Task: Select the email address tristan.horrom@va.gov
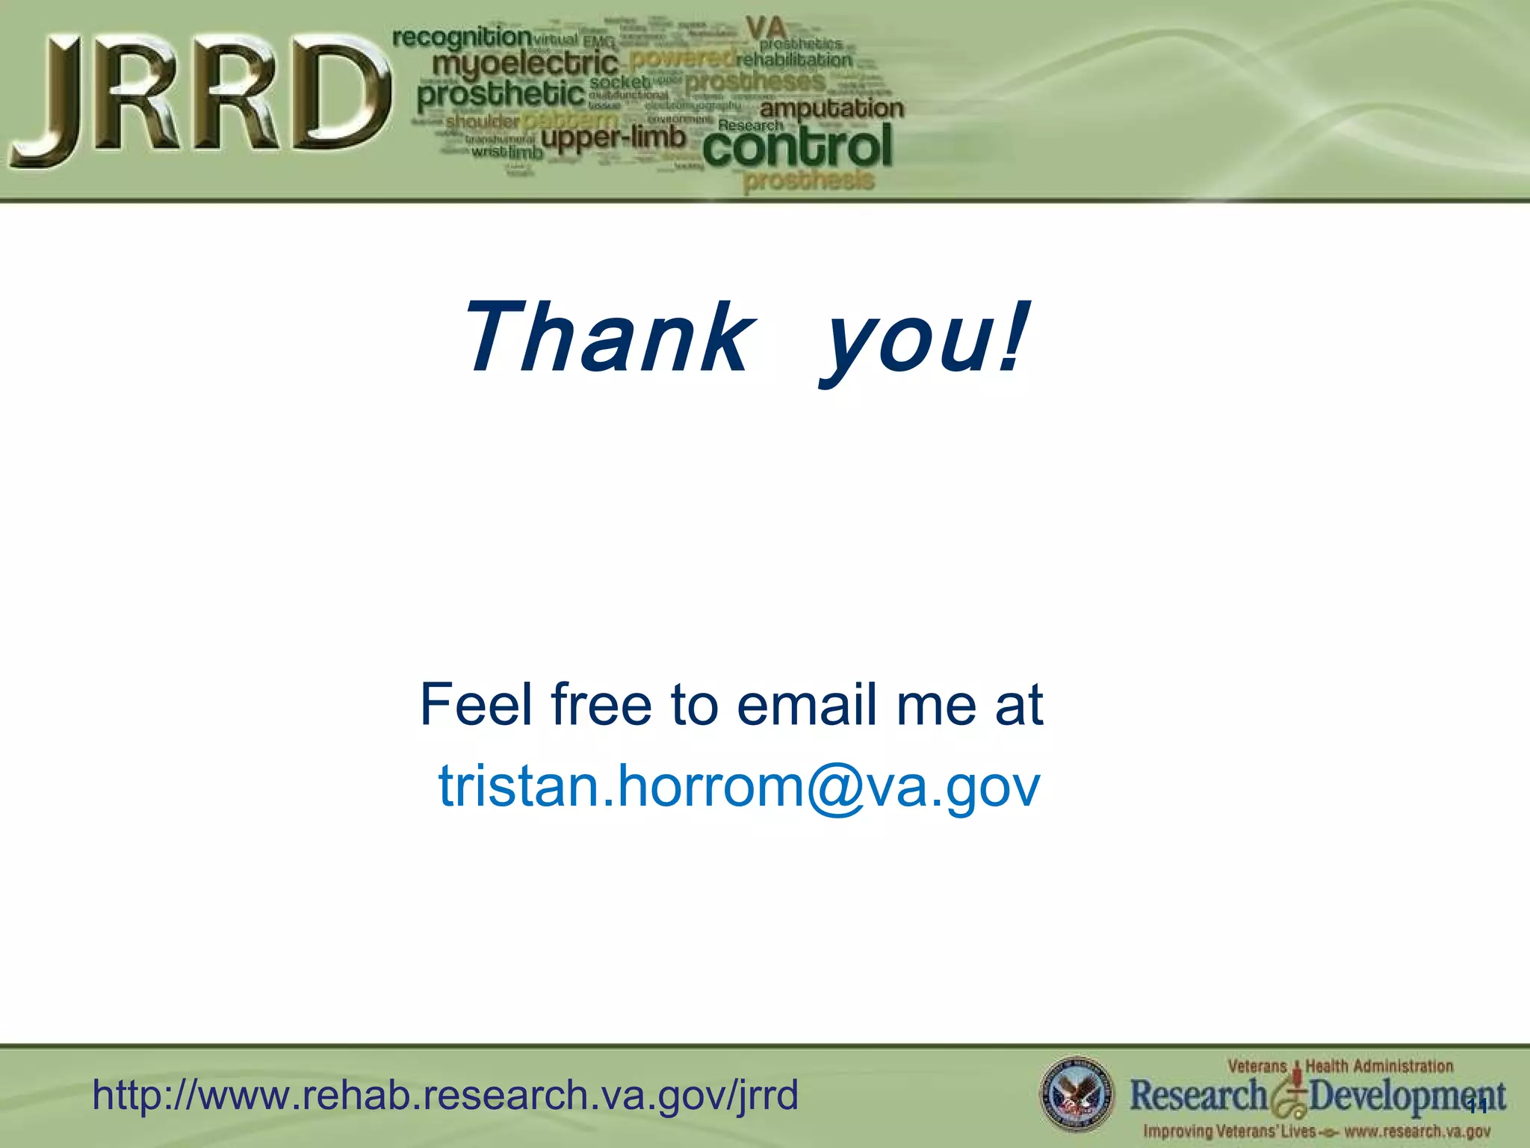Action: click(x=738, y=786)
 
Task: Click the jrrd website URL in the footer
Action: click(x=445, y=1096)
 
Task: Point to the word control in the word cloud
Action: click(x=798, y=146)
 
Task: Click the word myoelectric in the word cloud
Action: click(x=525, y=64)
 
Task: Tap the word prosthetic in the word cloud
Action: click(x=501, y=95)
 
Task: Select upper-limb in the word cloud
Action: click(x=613, y=138)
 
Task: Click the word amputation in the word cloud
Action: click(x=831, y=109)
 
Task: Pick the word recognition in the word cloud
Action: click(x=462, y=37)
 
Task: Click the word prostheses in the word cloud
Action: click(x=755, y=81)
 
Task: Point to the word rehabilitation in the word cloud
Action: click(x=793, y=60)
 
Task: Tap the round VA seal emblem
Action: click(x=1076, y=1093)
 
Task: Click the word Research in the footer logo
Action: click(x=1198, y=1096)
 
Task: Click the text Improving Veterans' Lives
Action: click(x=1229, y=1132)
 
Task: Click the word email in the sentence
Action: click(x=807, y=704)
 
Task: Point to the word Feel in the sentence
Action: click(x=479, y=704)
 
